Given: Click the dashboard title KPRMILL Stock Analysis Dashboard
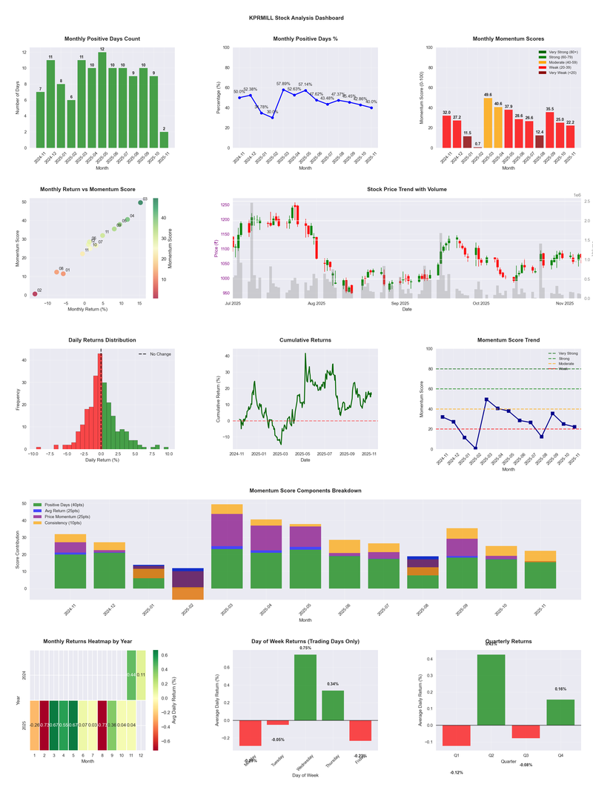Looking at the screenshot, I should point(296,17).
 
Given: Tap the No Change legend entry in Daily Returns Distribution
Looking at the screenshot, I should point(155,354).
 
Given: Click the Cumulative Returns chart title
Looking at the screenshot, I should point(305,339).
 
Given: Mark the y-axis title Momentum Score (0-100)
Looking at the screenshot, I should point(420,97).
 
